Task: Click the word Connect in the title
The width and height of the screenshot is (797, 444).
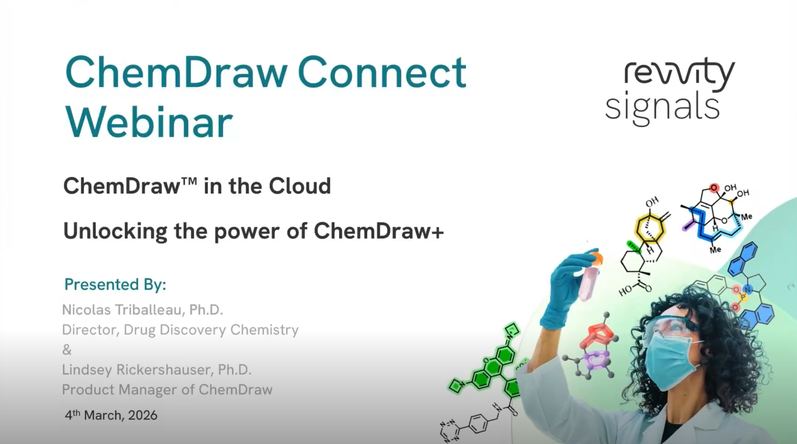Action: [382, 73]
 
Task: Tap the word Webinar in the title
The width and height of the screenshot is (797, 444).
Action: [149, 123]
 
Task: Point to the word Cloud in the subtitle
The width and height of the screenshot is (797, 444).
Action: [299, 186]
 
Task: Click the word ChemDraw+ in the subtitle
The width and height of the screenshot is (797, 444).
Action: [379, 232]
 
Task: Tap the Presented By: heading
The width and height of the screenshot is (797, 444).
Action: [115, 284]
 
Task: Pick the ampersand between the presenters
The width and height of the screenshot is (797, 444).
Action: [67, 350]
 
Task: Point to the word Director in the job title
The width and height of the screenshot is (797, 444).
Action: [89, 330]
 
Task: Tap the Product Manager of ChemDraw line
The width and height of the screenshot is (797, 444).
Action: [167, 390]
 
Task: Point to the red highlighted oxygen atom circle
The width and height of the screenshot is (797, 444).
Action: [714, 188]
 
